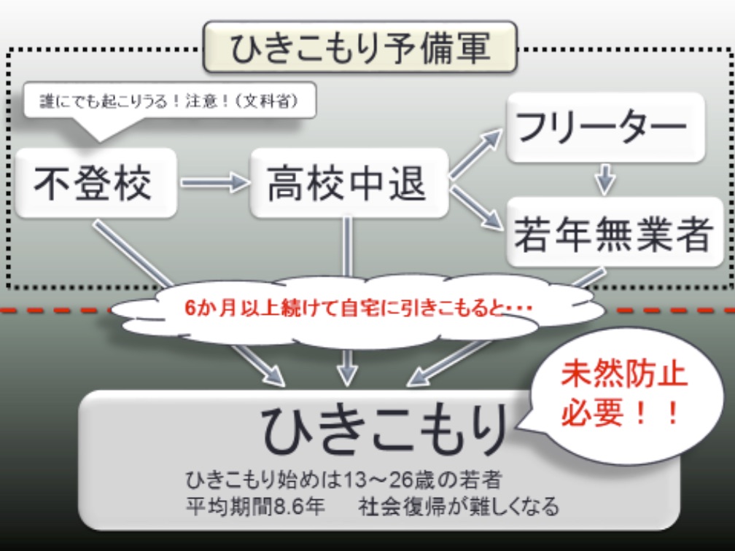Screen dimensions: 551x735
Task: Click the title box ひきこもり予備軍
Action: (x=359, y=47)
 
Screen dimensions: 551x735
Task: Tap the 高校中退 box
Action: (x=347, y=182)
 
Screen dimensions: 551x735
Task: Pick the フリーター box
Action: (x=605, y=127)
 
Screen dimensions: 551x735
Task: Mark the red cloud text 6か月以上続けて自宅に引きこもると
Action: (x=357, y=308)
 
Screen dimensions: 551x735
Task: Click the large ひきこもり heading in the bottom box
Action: (x=384, y=429)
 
